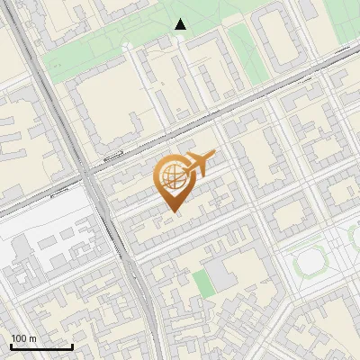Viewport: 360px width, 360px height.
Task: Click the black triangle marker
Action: click(181, 24)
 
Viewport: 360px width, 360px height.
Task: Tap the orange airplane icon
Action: click(199, 165)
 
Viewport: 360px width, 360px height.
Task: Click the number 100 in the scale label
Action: click(19, 338)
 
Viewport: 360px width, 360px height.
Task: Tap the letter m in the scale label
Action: click(33, 338)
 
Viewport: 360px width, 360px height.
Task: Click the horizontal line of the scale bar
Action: click(41, 347)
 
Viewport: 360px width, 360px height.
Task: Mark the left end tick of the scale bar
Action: click(11, 346)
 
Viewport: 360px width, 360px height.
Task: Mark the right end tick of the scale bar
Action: click(73, 346)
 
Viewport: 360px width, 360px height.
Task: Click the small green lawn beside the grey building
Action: click(202, 283)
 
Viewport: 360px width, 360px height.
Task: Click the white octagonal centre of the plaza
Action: click(310, 262)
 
